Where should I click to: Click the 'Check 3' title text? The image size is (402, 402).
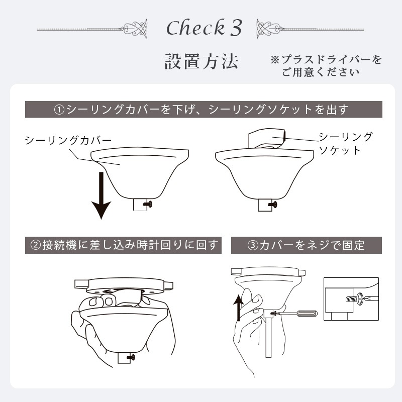[204, 28]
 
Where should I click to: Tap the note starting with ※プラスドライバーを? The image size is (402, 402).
[326, 66]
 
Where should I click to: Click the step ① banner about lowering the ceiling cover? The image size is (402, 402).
[201, 109]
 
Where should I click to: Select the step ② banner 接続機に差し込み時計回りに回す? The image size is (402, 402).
[124, 245]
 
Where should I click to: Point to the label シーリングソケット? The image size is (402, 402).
[346, 143]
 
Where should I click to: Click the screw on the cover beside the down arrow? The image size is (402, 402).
[148, 204]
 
